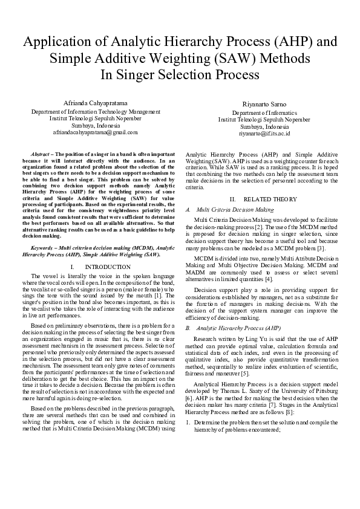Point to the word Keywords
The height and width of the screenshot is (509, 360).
click(42, 248)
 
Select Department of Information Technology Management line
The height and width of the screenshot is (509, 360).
click(96, 112)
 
